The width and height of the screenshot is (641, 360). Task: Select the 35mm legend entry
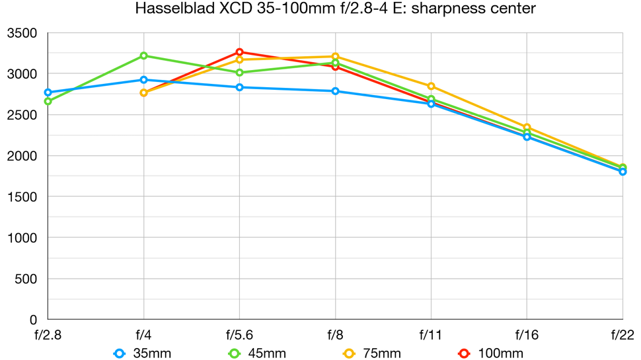tap(143, 353)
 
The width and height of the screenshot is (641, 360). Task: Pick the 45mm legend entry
tap(256, 353)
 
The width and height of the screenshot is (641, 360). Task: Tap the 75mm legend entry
tap(371, 353)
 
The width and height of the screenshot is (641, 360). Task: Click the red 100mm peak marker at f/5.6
tap(239, 52)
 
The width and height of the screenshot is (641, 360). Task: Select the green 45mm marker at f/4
tap(143, 55)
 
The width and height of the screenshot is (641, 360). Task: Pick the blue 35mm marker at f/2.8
tap(48, 92)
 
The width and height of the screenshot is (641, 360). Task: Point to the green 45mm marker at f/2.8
tap(48, 101)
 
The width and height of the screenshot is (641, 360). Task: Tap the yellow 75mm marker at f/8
tap(335, 56)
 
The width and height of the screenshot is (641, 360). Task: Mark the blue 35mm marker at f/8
tap(335, 91)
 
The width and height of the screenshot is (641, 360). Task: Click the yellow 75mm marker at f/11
tap(431, 86)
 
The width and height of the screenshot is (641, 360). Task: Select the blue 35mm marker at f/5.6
tap(239, 87)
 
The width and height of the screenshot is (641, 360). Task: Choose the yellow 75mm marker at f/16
tap(527, 127)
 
